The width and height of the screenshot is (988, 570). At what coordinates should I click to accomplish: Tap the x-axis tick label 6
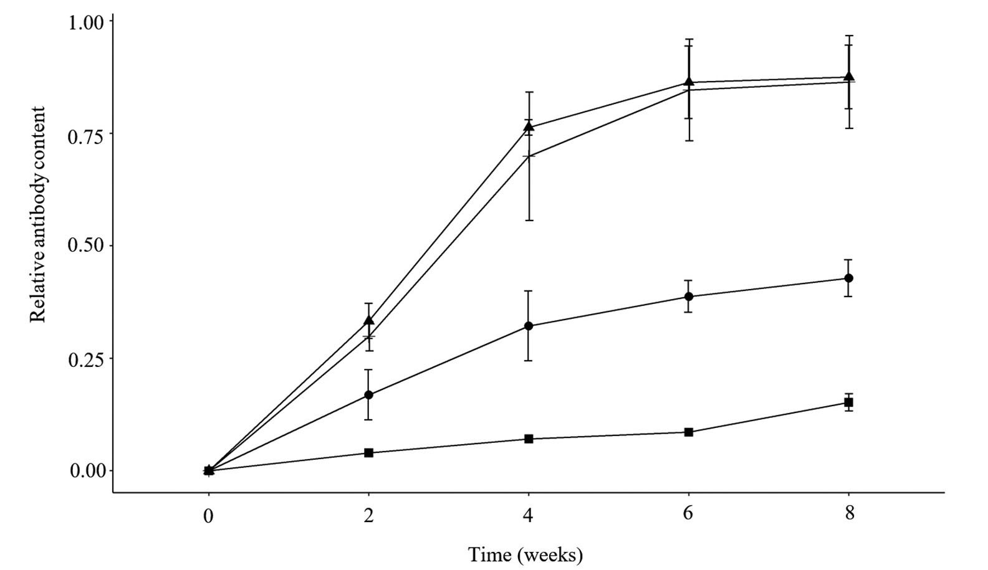tap(689, 515)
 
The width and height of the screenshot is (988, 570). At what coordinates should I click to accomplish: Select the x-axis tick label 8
tap(848, 515)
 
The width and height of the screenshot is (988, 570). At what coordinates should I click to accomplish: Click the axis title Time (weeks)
tap(525, 554)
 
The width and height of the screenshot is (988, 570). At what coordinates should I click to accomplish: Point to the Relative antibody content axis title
tap(39, 215)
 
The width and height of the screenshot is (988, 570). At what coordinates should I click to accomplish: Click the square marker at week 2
tap(368, 453)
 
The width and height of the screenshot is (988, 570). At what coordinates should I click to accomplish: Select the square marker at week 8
tap(848, 403)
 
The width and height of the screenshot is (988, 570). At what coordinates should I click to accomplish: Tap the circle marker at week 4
tap(529, 326)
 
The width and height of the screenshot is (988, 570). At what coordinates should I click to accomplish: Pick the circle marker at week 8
tap(848, 278)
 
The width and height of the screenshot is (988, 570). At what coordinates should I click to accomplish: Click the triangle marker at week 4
tap(529, 127)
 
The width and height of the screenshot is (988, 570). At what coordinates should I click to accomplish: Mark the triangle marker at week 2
tap(368, 320)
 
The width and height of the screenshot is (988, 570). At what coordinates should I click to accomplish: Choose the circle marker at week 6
tap(689, 297)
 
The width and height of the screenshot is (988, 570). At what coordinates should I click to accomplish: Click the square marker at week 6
tap(689, 432)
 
